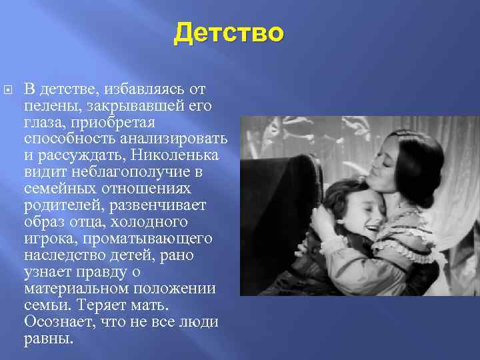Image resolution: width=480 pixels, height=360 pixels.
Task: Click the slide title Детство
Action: click(x=229, y=33)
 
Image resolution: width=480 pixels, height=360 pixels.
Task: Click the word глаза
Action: click(x=43, y=122)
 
